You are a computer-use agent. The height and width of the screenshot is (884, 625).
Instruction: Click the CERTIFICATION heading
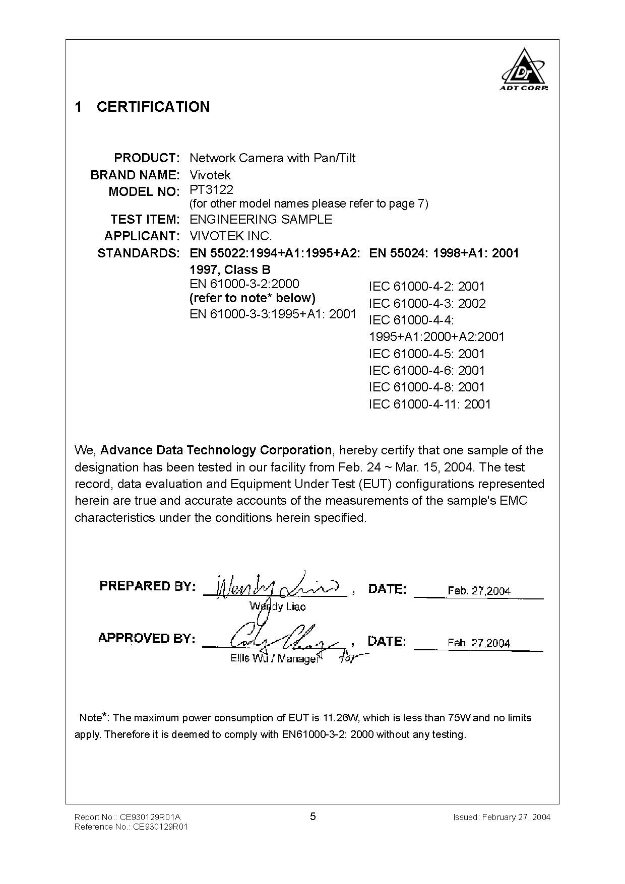[x=153, y=107]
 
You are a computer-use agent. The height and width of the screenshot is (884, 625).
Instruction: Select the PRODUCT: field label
[x=147, y=158]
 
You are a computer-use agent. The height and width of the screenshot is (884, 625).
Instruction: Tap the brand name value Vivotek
[x=210, y=175]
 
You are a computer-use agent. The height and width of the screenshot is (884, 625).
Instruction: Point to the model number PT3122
[x=211, y=190]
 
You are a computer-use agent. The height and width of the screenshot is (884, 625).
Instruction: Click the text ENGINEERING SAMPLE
[x=261, y=220]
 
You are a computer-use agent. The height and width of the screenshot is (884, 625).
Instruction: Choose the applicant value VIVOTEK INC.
[x=230, y=236]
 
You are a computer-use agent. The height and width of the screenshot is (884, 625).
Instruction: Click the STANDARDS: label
[x=138, y=253]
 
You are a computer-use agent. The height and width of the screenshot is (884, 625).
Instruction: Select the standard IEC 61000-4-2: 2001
[x=426, y=287]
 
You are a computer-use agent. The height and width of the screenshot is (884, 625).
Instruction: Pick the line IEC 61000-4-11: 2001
[x=429, y=404]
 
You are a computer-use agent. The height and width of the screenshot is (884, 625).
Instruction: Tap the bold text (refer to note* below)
[x=252, y=298]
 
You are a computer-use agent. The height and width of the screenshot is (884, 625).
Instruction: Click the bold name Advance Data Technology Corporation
[x=216, y=450]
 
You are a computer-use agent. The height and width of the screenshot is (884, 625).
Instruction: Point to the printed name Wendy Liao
[x=277, y=606]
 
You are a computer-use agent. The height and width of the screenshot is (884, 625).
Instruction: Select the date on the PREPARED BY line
[x=478, y=591]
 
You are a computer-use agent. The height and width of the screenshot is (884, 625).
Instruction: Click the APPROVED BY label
[x=147, y=638]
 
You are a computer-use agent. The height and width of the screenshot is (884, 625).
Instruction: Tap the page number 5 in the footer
[x=313, y=817]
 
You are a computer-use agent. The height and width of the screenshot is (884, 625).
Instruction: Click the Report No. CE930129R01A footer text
[x=127, y=817]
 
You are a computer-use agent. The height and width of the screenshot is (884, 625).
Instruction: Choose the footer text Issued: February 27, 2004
[x=502, y=817]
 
